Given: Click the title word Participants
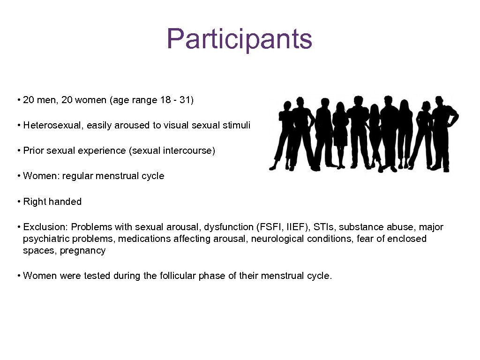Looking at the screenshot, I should coord(239,38).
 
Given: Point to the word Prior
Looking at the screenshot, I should coord(33,150).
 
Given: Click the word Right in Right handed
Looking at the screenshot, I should coord(34,202).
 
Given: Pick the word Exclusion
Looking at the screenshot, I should coord(45,227).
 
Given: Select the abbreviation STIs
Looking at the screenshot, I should coord(324,227).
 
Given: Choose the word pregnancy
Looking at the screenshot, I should coord(82,250).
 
